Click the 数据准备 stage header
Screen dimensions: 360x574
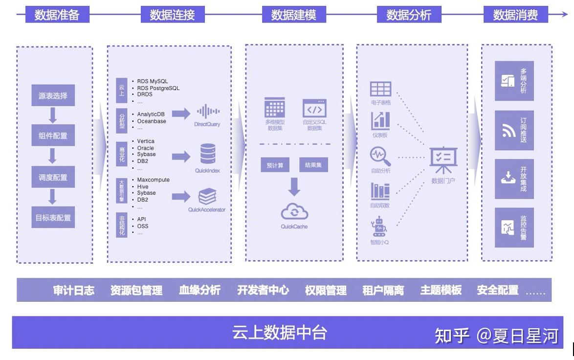(x=57, y=15)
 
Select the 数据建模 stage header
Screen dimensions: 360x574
(x=293, y=15)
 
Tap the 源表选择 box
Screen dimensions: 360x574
(x=53, y=96)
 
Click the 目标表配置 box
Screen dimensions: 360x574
(x=53, y=218)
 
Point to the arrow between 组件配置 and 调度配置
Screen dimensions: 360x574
(x=53, y=156)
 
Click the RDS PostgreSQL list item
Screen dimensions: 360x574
(x=158, y=88)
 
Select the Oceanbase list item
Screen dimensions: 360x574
(x=152, y=121)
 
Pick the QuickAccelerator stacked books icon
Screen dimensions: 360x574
(x=207, y=197)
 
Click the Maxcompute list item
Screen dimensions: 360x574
(x=153, y=180)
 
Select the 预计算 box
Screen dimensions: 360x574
(x=275, y=165)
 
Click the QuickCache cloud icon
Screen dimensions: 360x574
(x=294, y=212)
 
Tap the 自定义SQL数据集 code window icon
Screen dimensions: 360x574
(x=314, y=108)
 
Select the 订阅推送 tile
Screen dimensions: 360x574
(x=514, y=130)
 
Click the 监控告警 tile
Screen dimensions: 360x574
(x=514, y=227)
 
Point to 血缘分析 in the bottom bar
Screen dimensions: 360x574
(x=199, y=290)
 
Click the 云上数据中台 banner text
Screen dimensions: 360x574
(x=280, y=333)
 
